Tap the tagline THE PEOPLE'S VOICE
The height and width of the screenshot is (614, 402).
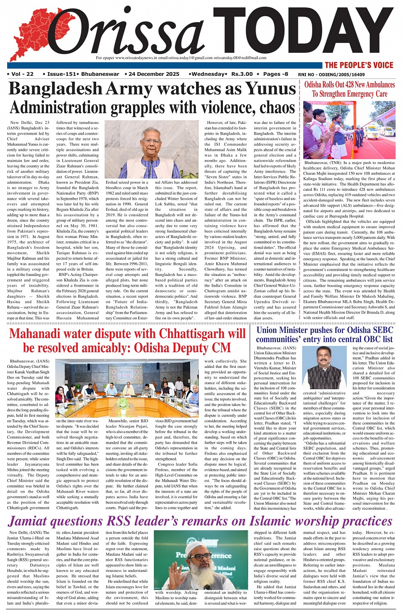click(x=359, y=65)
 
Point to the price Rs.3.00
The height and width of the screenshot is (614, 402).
click(x=242, y=74)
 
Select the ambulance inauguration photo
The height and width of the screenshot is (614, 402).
click(x=349, y=129)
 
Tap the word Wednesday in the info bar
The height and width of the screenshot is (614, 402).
click(x=208, y=74)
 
